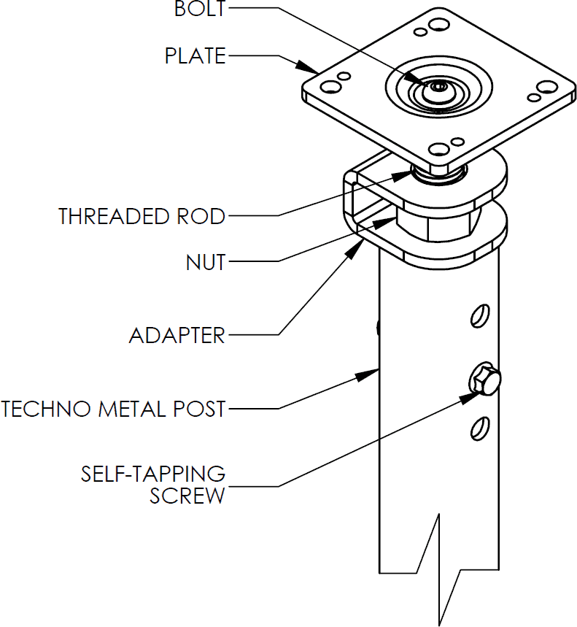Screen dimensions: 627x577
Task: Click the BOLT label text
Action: point(199,9)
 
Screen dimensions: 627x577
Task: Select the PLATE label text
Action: point(195,56)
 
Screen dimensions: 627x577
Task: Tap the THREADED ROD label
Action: point(142,217)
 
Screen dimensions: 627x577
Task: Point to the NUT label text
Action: point(205,262)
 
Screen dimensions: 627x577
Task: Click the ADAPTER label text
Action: point(177,336)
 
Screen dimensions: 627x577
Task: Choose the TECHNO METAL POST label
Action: point(114,409)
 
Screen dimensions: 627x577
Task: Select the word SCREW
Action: point(187,496)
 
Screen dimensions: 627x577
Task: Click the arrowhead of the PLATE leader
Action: point(309,68)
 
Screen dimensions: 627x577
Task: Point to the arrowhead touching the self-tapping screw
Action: point(470,396)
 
